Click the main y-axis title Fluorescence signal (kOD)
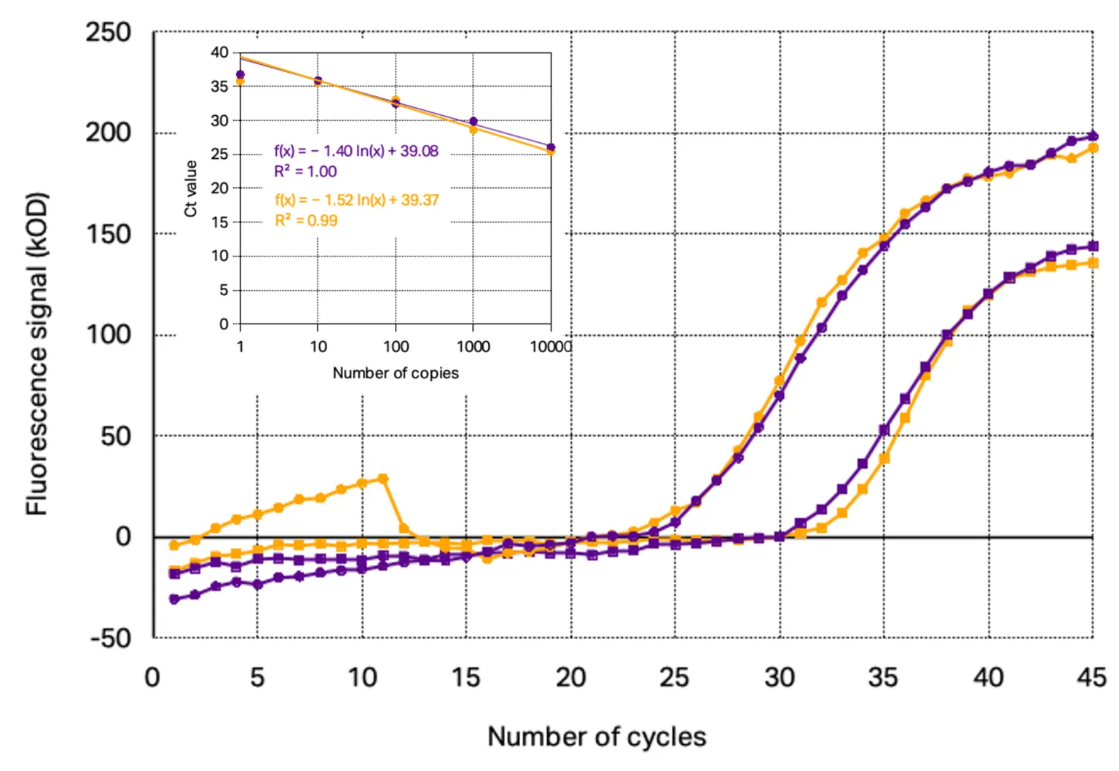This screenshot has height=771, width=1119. coord(36,354)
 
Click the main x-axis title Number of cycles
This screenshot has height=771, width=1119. coord(596,737)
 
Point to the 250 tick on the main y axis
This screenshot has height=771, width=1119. coord(109,32)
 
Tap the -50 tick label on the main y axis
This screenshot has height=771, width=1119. coord(111,638)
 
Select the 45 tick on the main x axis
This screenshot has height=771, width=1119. coord(1091,678)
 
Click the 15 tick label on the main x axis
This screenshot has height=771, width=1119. coord(466,678)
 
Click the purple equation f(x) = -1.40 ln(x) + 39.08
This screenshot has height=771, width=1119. coord(356,151)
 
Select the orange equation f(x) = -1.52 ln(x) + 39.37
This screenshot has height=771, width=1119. coord(356,200)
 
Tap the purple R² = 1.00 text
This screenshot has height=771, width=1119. coord(305,171)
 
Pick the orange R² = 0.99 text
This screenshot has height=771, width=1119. coord(306,220)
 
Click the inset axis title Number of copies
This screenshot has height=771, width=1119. coord(396,373)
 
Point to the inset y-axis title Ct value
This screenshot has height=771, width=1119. coord(191,188)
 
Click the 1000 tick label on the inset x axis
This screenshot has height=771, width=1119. coord(473,347)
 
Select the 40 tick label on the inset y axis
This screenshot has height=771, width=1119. coord(219,52)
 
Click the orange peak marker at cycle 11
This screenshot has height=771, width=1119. coord(382,479)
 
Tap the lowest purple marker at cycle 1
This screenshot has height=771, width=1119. coord(174,599)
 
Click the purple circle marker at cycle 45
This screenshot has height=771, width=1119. coord(1092,136)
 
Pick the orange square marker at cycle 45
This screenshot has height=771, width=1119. coord(1093,263)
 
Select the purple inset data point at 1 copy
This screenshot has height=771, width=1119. coord(240,74)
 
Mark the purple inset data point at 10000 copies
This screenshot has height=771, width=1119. coord(551,147)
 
